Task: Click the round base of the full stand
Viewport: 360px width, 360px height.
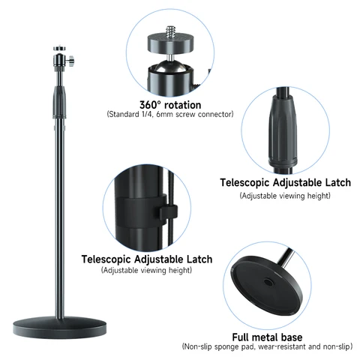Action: click(59, 328)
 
